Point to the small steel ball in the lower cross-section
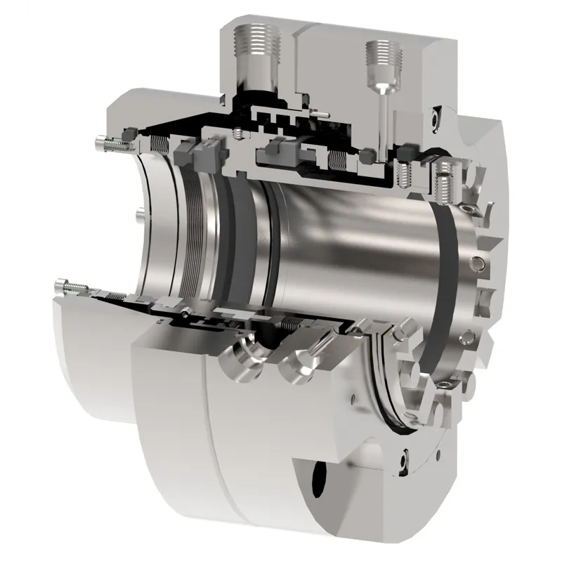(185, 311)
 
